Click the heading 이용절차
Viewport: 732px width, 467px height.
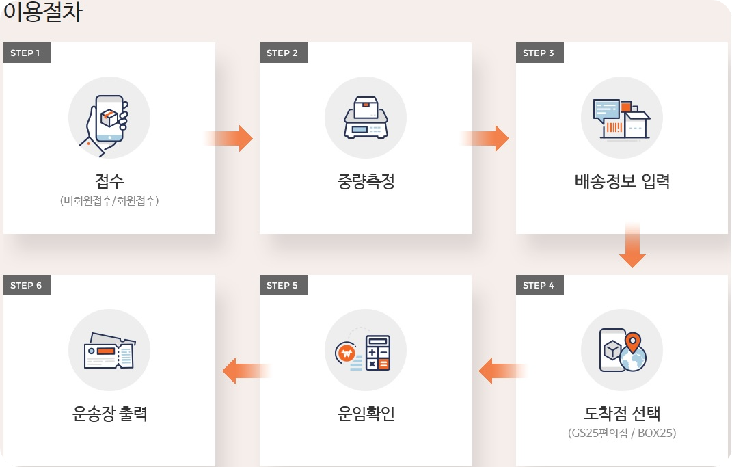click(43, 14)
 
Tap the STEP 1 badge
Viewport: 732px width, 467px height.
click(27, 53)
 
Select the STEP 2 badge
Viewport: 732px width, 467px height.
click(283, 53)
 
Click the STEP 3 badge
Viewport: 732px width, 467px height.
click(539, 53)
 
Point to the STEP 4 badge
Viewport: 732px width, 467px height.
click(539, 285)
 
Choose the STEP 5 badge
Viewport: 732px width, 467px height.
click(283, 285)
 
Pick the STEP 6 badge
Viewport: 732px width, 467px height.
click(27, 285)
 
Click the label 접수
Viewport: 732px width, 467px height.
click(109, 182)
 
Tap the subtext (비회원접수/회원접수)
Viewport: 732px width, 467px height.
click(109, 201)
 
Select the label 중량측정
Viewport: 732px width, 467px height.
click(366, 183)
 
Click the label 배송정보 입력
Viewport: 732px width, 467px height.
click(622, 183)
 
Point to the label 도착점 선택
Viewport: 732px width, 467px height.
click(622, 414)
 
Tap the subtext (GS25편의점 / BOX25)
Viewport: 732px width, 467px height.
click(622, 433)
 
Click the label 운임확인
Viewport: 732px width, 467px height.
click(366, 414)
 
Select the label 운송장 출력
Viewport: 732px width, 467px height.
click(109, 414)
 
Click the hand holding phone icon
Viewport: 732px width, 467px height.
click(107, 120)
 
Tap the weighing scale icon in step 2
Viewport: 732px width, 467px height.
click(366, 118)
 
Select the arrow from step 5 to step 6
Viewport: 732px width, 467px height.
click(246, 371)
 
